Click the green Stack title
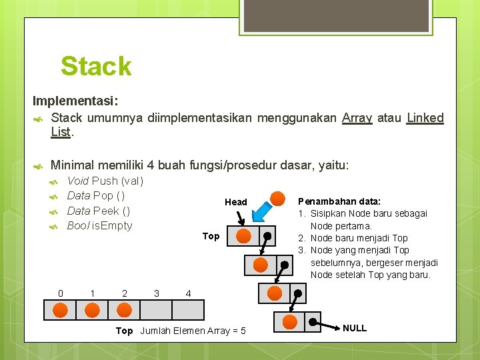click(96, 67)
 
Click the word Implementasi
click(75, 101)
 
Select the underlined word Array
click(357, 118)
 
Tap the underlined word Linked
click(425, 118)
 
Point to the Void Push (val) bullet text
click(105, 181)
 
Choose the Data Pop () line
click(96, 195)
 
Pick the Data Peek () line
click(99, 211)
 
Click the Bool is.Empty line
click(100, 225)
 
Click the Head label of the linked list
click(236, 202)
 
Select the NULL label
click(354, 328)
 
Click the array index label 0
click(61, 293)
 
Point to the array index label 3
click(156, 293)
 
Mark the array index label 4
click(188, 293)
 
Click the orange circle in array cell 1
click(92, 309)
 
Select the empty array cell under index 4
click(188, 310)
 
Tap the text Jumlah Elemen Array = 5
click(193, 331)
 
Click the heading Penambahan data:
click(339, 201)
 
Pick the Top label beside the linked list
click(211, 236)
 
